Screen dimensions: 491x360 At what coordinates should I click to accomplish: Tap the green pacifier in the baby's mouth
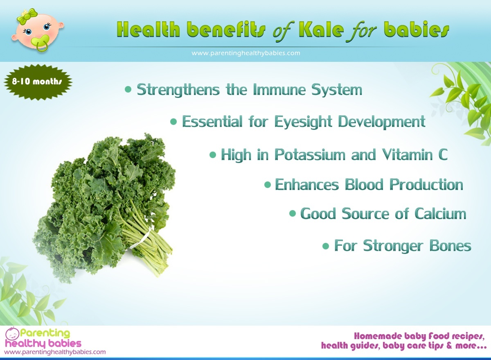(41, 42)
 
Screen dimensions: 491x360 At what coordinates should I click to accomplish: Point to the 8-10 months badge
(37, 82)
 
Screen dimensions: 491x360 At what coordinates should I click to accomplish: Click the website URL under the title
(246, 53)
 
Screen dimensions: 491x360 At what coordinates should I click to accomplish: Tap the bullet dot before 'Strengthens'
(128, 90)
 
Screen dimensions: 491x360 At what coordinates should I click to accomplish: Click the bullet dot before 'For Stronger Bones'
(326, 246)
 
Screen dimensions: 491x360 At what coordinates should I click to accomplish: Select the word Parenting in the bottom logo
(45, 334)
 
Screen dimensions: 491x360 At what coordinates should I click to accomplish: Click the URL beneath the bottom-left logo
(55, 352)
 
